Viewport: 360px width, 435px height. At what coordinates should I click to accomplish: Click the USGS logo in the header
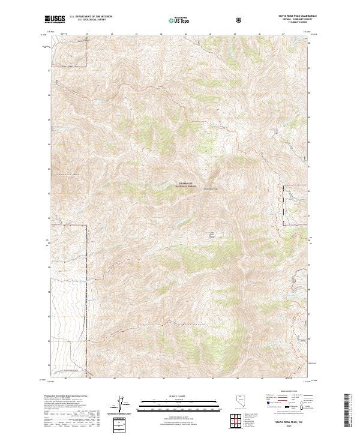(56, 20)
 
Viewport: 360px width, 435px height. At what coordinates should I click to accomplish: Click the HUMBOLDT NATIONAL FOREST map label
(186, 186)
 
